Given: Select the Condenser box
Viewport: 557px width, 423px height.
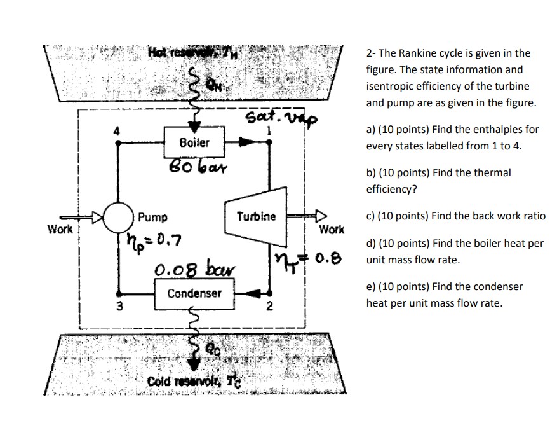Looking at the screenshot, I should point(194,293).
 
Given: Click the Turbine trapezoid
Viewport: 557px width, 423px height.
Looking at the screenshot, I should point(256,216).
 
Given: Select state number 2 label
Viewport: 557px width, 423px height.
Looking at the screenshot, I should point(269,309).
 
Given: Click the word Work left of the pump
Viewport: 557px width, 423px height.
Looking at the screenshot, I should point(60,227).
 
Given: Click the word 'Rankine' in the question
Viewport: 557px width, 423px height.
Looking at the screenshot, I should point(414,53).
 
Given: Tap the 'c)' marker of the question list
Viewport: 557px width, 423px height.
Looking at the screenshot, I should point(372,216).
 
